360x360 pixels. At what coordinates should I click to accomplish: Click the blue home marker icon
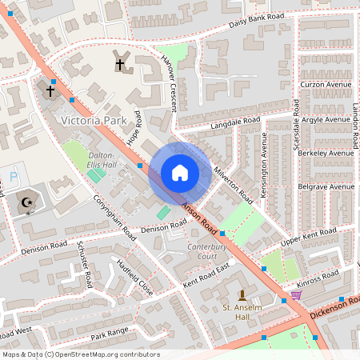180,173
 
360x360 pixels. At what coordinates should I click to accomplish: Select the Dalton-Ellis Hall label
102,160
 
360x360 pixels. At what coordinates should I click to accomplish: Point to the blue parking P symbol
13,176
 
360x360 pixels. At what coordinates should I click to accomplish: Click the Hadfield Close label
134,276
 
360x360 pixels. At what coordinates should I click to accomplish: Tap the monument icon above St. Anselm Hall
242,295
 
